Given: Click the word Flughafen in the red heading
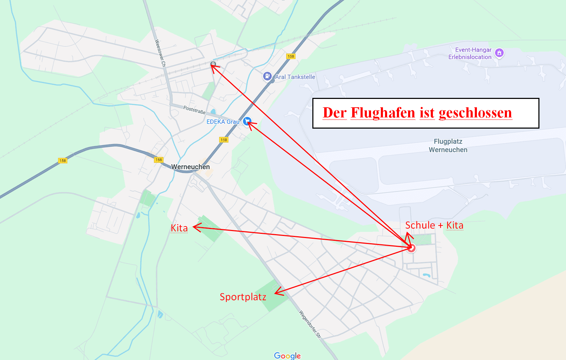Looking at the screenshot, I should (383, 113).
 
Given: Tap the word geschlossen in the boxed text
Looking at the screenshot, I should (475, 113).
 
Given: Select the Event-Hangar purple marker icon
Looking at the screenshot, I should (500, 53).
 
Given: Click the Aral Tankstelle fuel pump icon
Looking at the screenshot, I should (267, 76).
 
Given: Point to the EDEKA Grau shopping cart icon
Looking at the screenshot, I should (247, 121).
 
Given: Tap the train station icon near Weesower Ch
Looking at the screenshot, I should (213, 64).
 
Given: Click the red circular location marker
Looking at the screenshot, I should (411, 248).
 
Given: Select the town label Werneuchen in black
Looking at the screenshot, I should (190, 167).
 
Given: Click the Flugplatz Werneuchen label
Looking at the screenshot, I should (448, 145).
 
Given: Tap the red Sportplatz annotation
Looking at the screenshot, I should (243, 297).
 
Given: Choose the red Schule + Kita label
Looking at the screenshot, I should (434, 225).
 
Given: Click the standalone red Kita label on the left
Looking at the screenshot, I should (179, 228).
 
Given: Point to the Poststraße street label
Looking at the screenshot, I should (194, 110).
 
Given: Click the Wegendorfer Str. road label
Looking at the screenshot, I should (310, 324).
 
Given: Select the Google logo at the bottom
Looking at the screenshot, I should (287, 355).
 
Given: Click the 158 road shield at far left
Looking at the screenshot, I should (63, 160).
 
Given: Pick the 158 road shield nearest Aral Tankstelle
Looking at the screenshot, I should (291, 56).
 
